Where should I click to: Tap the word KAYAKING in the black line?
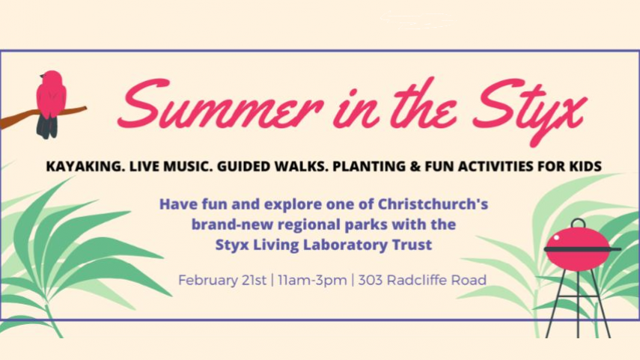pyautogui.click(x=85, y=167)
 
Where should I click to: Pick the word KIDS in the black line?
pyautogui.click(x=584, y=167)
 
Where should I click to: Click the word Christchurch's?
pyautogui.click(x=433, y=204)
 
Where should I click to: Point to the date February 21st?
pyautogui.click(x=222, y=281)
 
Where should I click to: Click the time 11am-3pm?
pyautogui.click(x=312, y=281)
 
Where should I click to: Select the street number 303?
pyautogui.click(x=371, y=281)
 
